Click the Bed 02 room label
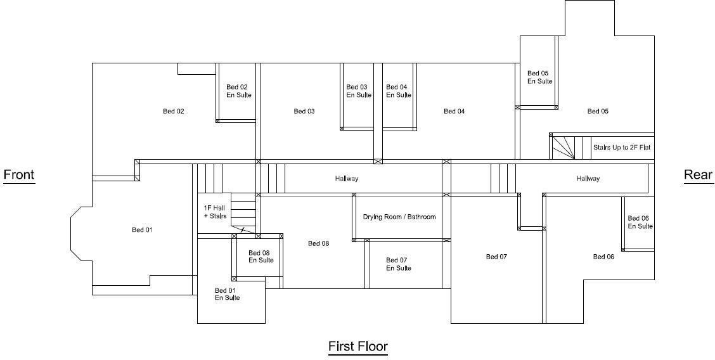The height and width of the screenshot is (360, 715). pos(173,112)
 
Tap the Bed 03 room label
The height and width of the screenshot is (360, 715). pos(304,112)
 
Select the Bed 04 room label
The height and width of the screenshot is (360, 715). pos(454,112)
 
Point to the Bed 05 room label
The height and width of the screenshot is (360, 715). pos(598,112)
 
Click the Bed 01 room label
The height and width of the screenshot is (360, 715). pos(142,230)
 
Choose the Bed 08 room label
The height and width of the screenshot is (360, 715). pos(318,243)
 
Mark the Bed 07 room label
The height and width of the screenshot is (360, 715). pos(496,257)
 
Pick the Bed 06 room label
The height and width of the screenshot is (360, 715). pos(603,257)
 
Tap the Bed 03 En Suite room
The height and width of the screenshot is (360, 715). pos(359,91)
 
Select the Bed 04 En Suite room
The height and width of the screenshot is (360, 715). pos(399,91)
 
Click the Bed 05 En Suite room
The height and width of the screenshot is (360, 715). pos(539,77)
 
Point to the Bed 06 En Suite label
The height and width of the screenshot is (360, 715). pos(640,222)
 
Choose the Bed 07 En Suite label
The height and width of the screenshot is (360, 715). pos(399,264)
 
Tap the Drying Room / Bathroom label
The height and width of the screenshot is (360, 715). pos(399,217)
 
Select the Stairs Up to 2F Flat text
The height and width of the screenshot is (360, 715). pos(622,148)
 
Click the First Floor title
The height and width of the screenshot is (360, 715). pos(357,347)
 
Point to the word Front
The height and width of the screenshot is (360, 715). pos(19,175)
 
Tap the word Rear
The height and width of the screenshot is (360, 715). pos(698,175)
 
